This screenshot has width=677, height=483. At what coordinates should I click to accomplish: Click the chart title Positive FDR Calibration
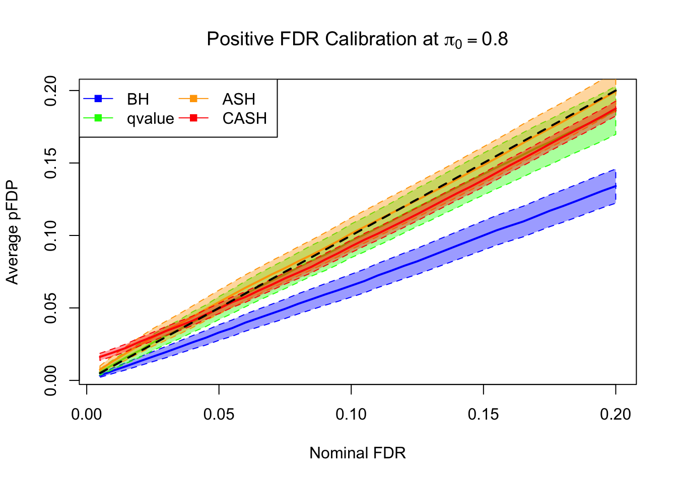tap(357, 39)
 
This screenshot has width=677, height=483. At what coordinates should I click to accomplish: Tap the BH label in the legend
tap(138, 99)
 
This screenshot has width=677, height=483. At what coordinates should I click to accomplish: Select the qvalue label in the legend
tap(150, 118)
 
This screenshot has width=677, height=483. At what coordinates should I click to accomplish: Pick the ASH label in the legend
tap(239, 99)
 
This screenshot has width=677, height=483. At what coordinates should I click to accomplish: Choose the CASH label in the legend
tap(244, 118)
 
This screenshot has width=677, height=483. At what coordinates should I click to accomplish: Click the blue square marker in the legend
tap(99, 99)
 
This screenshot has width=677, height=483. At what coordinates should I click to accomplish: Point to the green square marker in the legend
tap(99, 118)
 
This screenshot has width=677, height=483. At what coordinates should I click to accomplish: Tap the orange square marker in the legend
tap(193, 99)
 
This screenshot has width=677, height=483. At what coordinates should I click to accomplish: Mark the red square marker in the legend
tap(193, 118)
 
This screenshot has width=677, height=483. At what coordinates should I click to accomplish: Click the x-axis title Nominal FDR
tap(357, 453)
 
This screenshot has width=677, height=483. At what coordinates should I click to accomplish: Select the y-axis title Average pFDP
tap(12, 232)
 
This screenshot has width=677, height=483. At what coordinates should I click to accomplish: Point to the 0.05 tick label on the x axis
tap(219, 415)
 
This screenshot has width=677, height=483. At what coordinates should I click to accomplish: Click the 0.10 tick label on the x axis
tap(351, 415)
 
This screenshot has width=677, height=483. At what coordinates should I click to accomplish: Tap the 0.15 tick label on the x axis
tap(484, 415)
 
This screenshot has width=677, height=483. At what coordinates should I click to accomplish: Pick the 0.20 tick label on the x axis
tap(616, 415)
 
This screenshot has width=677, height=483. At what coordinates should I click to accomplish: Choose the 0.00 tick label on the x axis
tap(87, 415)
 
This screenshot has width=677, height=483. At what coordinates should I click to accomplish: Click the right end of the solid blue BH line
tap(616, 186)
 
